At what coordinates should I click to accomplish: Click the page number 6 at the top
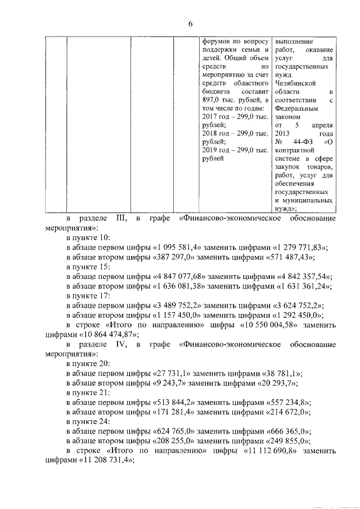tap(190, 23)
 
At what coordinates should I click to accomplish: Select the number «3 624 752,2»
tap(294, 306)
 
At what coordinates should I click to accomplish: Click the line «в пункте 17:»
tap(88, 296)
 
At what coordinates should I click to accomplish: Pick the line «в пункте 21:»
tap(88, 394)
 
